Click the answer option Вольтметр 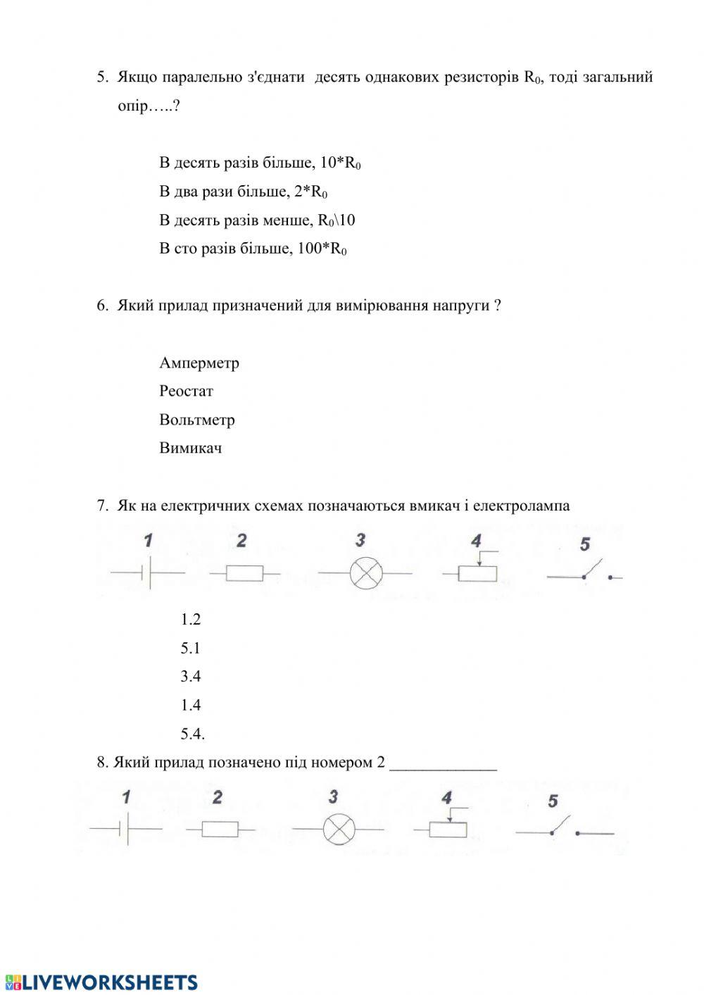pos(196,420)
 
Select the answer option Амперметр pos(199,363)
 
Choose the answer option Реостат pos(186,391)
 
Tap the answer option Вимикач pos(190,448)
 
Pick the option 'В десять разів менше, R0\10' pos(257,220)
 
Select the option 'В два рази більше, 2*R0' pos(243,192)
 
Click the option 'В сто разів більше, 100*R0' pos(253,249)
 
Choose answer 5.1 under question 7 pos(190,648)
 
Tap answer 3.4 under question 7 pos(190,676)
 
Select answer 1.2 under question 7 pos(190,619)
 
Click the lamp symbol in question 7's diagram pos(366,573)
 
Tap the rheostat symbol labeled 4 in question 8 pos(448,829)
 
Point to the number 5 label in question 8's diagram pos(553,801)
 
